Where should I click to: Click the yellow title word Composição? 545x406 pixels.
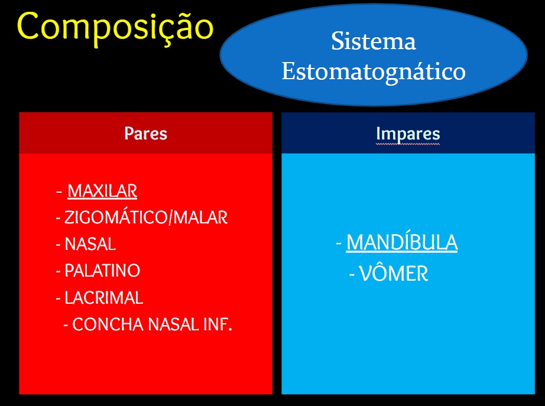[115, 27]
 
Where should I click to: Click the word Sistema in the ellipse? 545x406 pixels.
[374, 41]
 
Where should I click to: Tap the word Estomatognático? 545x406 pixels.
[374, 72]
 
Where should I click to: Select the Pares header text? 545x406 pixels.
[145, 134]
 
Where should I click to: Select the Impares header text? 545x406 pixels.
[408, 134]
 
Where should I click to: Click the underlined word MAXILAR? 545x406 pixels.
[102, 191]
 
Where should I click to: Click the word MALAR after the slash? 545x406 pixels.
[200, 218]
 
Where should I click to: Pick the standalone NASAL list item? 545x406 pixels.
[90, 244]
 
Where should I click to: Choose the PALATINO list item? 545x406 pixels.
[102, 271]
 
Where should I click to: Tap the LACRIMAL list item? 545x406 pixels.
[103, 298]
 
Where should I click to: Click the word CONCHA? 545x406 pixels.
[108, 324]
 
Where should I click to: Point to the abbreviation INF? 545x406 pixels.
[218, 324]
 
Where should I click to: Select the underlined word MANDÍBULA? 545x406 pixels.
[402, 242]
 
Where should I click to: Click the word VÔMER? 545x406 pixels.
[394, 274]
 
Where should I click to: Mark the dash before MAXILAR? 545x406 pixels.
[59, 191]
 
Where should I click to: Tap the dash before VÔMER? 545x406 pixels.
[352, 275]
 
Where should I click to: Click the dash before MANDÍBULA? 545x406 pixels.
[339, 243]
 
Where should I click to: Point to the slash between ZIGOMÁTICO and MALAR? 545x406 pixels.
[170, 218]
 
